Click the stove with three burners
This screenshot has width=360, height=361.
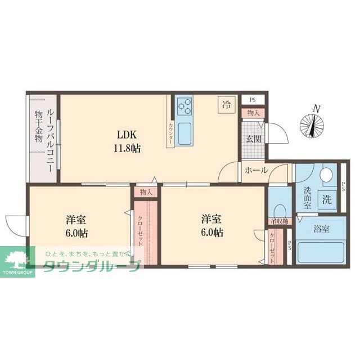(184, 105)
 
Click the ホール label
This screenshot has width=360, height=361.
(256, 171)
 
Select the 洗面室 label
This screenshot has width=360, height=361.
(308, 199)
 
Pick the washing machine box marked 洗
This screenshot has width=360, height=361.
(327, 199)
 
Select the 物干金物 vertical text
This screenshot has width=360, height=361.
(38, 128)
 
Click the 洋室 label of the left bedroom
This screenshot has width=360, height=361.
(75, 220)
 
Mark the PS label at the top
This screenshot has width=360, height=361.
(253, 101)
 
